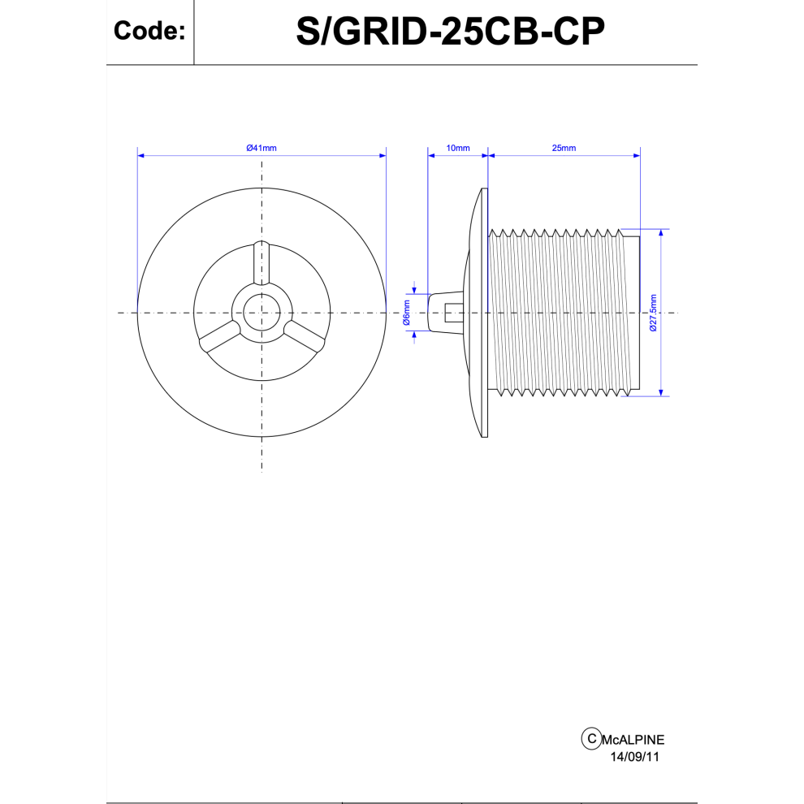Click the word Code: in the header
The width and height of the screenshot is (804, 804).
click(149, 31)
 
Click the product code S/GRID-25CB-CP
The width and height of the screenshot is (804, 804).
click(450, 32)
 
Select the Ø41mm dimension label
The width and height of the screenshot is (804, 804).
click(262, 148)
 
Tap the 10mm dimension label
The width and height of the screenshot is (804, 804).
click(458, 148)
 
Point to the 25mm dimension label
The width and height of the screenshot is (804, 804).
click(564, 148)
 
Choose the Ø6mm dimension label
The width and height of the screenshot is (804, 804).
click(407, 313)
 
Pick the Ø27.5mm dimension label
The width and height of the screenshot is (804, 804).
click(653, 313)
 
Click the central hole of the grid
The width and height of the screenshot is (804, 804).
click(262, 313)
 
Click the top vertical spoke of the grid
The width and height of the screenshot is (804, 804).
click(262, 262)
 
